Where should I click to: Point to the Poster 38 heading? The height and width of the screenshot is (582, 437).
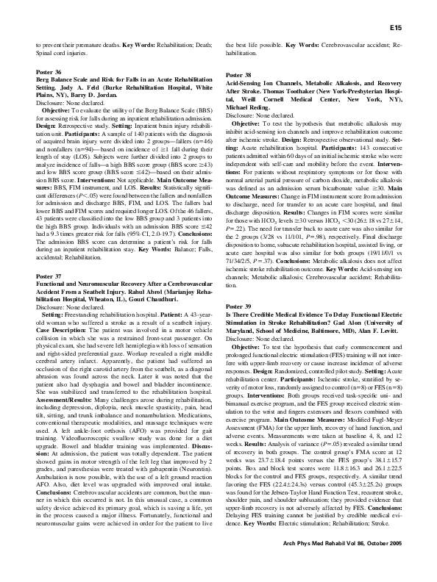point(238,76)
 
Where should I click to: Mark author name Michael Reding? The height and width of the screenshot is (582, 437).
point(247,108)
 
